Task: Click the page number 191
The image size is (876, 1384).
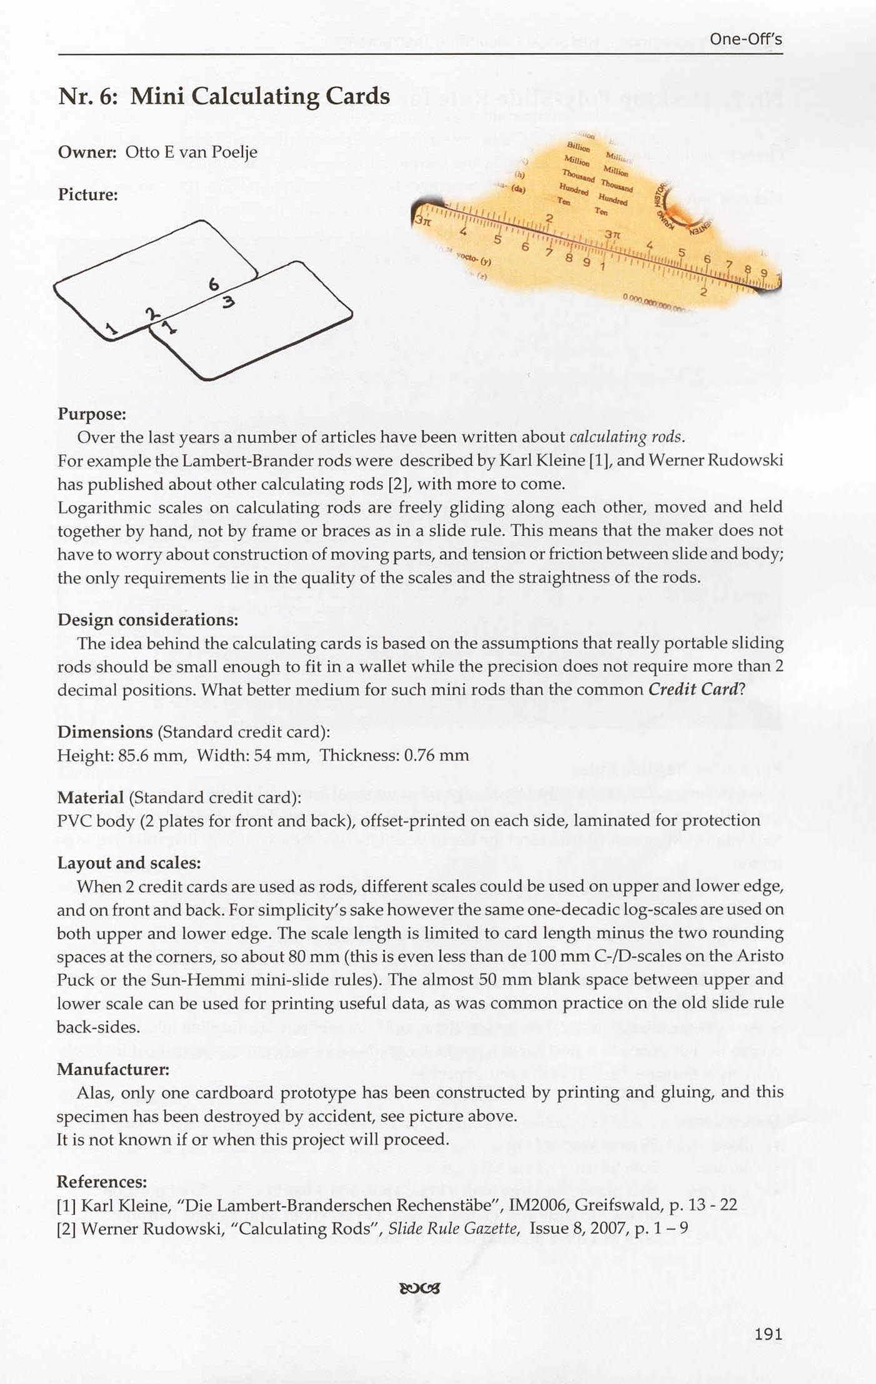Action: (x=768, y=1333)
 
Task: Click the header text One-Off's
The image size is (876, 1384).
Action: (x=745, y=39)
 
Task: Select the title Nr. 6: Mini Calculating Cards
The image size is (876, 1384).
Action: (x=224, y=96)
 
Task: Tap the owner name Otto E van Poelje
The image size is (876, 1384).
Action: (x=191, y=152)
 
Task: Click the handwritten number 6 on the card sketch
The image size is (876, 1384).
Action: (x=214, y=285)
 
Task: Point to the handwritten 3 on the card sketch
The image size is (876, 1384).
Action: (x=228, y=303)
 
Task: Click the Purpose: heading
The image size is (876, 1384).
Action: (x=92, y=414)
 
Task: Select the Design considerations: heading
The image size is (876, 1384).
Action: (x=148, y=620)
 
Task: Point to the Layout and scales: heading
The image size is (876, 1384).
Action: (x=129, y=863)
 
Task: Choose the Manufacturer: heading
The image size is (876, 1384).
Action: (x=113, y=1069)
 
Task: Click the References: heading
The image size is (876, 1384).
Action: (x=102, y=1182)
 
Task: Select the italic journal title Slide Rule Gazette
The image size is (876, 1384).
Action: (x=453, y=1228)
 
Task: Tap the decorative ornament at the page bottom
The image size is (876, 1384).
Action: (x=419, y=1288)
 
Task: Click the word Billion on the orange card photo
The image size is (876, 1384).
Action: (x=578, y=147)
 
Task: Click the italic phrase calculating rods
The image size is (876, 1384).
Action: (x=627, y=437)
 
